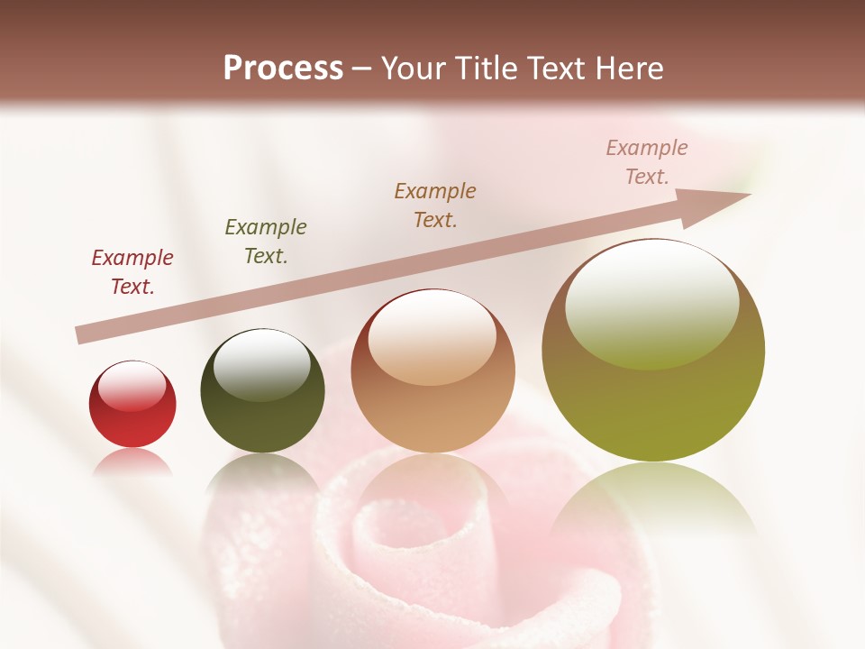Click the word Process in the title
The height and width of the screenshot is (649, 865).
click(283, 69)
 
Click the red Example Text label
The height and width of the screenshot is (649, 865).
click(132, 272)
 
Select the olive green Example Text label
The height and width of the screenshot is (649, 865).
click(266, 242)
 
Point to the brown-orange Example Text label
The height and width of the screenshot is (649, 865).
click(435, 205)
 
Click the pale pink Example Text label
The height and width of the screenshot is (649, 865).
click(646, 162)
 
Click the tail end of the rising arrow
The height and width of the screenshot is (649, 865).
click(83, 334)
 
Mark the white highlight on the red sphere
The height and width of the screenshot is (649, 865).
click(132, 386)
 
